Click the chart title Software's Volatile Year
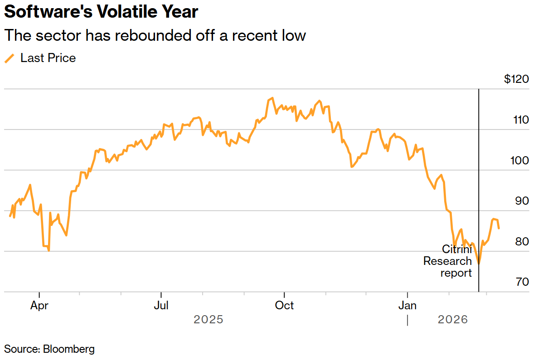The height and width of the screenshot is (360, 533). point(101,12)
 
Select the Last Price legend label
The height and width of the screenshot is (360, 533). point(48,58)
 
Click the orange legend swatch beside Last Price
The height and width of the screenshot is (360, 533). point(9,58)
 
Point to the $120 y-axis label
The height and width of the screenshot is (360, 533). point(516,79)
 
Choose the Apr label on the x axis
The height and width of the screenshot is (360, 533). point(39,306)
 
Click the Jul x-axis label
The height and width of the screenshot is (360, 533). point(161,306)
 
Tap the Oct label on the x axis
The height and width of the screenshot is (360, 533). point(284,306)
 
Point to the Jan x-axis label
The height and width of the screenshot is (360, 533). point(407,306)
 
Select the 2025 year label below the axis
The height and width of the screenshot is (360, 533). point(208,320)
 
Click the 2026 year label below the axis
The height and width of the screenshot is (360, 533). point(453,320)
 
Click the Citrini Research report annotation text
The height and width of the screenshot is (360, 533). point(448,261)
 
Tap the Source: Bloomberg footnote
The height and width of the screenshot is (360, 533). point(49,349)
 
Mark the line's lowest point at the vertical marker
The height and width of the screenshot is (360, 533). point(479,263)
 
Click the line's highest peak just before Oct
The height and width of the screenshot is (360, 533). point(272,98)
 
